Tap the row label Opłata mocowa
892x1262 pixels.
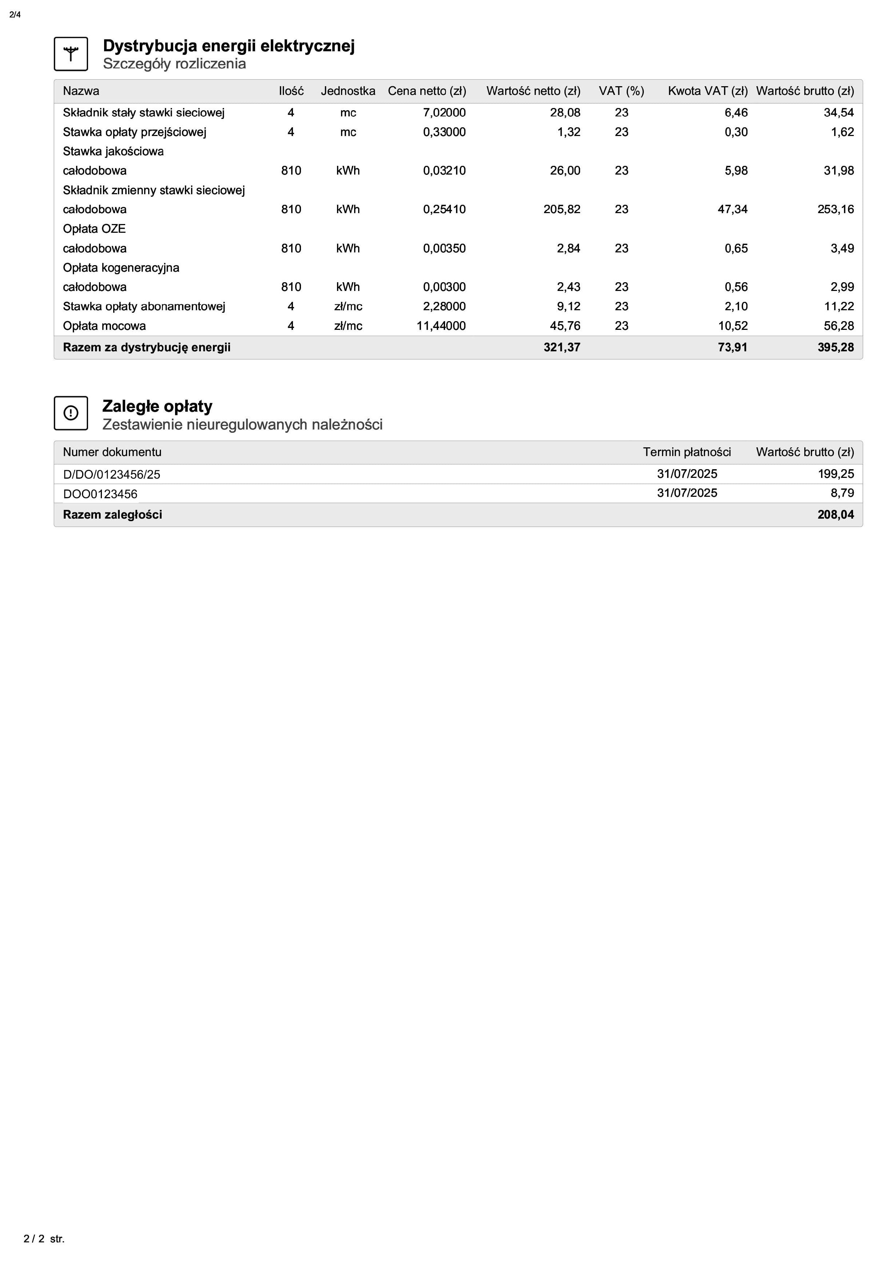click(x=104, y=326)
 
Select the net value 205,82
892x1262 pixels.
click(x=562, y=209)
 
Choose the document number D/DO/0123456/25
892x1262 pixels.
click(x=112, y=474)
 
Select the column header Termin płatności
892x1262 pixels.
click(x=686, y=452)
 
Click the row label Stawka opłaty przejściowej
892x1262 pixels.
click(x=134, y=132)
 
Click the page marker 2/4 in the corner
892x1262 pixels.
click(x=15, y=15)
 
